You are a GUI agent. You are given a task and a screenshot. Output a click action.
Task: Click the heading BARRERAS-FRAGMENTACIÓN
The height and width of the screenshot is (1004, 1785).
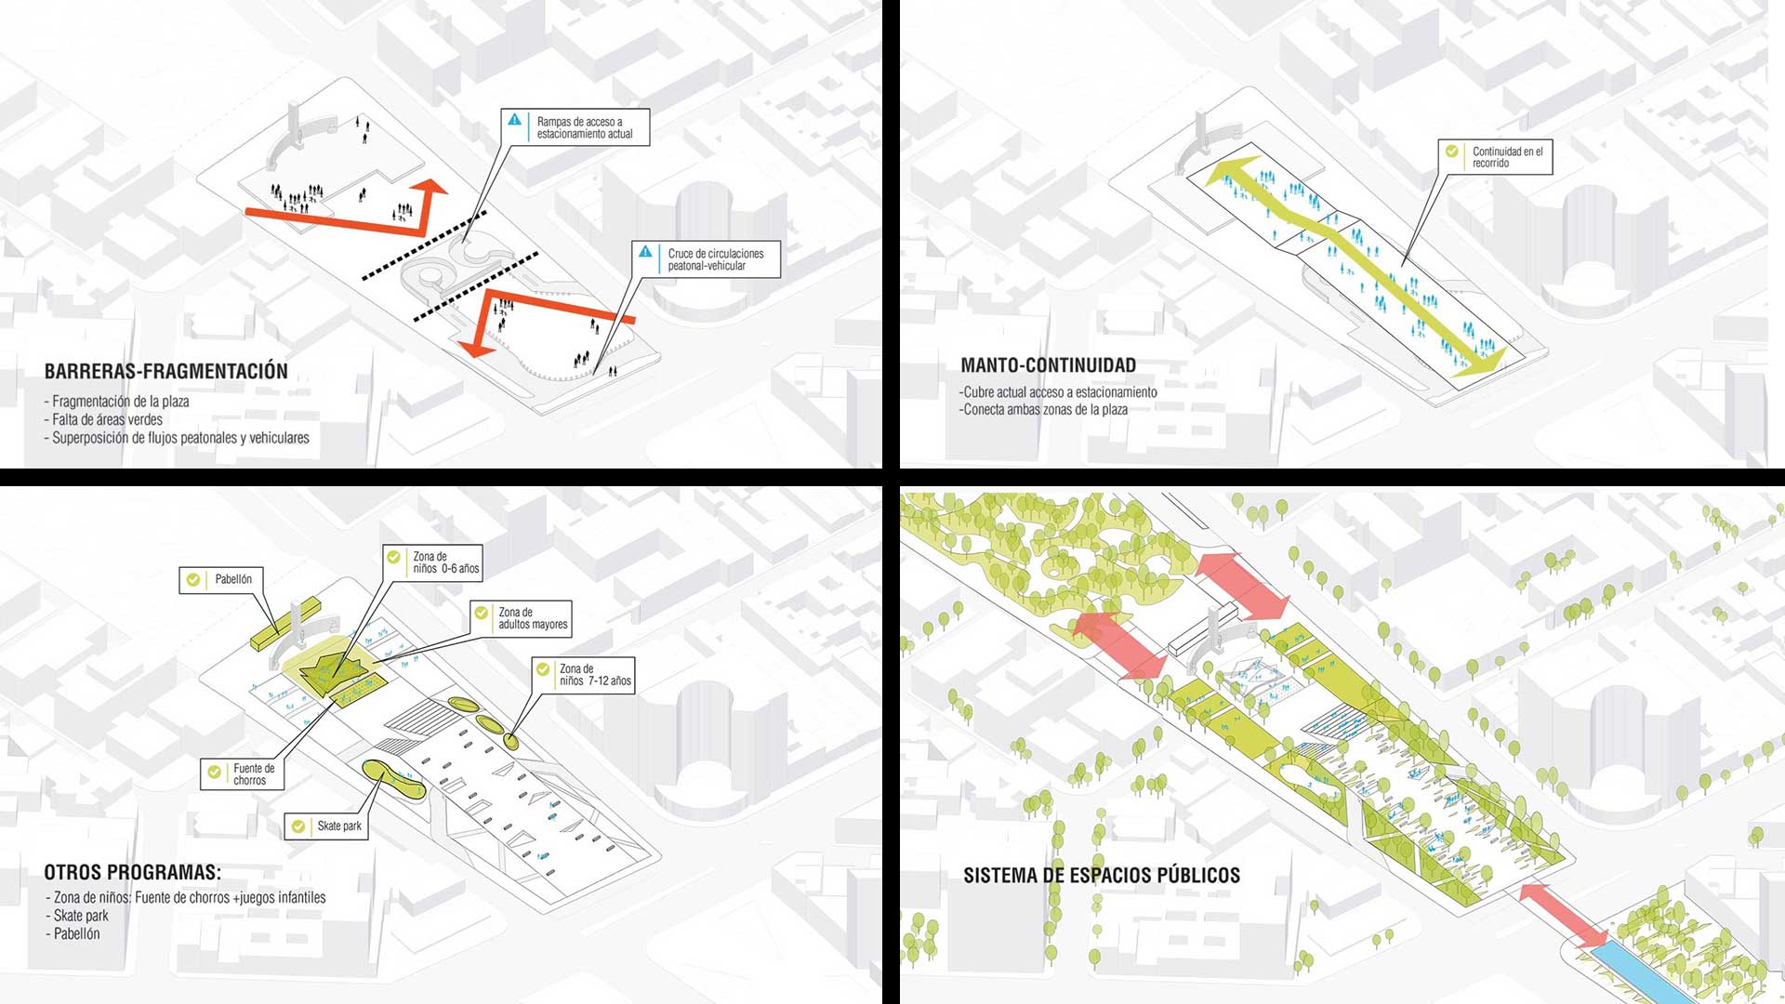[166, 371]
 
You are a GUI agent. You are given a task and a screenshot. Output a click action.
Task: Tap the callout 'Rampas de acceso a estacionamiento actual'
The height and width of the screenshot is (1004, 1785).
[575, 127]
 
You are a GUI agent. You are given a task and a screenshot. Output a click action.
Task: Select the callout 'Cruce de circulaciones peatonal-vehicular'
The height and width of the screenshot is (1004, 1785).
[706, 259]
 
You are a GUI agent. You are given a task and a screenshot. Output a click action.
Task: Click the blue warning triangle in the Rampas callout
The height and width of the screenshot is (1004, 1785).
[514, 120]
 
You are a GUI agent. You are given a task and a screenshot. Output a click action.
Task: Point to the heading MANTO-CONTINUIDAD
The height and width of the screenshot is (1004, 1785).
[1048, 365]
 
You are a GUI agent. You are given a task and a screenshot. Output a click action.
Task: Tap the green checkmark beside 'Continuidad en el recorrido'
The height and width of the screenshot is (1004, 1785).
[1451, 151]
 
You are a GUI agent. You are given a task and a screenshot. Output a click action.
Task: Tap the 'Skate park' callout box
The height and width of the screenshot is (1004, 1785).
[326, 826]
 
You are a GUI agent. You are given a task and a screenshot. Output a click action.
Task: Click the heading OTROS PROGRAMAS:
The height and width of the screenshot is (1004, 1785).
[133, 872]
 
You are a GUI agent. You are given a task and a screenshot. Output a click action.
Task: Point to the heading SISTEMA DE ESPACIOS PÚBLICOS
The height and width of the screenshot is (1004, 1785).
[1102, 876]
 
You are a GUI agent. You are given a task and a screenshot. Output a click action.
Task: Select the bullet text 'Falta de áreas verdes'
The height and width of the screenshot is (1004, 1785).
[104, 419]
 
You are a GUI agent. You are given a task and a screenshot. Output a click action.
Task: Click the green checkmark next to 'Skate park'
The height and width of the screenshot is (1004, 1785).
[298, 826]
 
